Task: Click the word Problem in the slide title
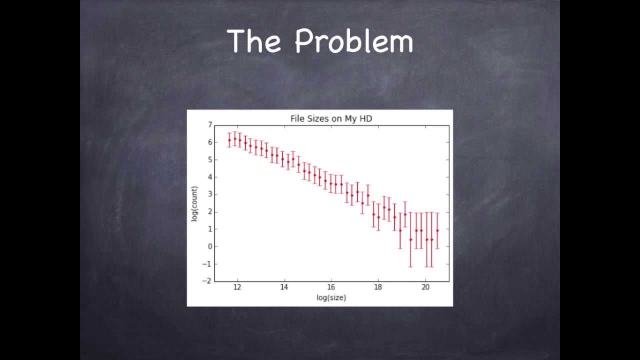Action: click(353, 42)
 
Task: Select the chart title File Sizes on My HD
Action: click(331, 118)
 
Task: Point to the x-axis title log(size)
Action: click(331, 297)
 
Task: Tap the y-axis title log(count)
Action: click(194, 203)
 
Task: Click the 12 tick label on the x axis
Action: click(237, 287)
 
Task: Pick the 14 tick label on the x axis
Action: click(284, 287)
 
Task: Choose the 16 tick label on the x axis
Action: click(331, 287)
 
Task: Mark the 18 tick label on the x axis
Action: click(378, 287)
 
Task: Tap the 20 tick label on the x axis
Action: click(425, 287)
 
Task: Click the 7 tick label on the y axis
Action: click(210, 125)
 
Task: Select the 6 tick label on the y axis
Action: click(210, 142)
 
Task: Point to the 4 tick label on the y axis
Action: click(210, 177)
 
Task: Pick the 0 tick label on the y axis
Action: click(210, 246)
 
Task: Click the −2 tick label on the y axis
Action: click(208, 281)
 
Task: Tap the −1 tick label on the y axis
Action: click(208, 264)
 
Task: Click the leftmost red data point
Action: click(229, 140)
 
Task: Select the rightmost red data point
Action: click(437, 230)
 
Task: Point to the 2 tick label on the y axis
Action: click(210, 212)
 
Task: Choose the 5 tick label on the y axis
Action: click(210, 160)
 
